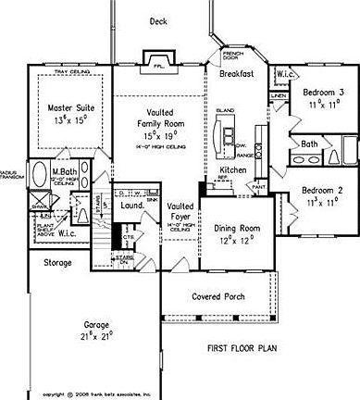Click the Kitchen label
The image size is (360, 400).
click(232, 170)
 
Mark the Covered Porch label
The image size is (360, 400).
click(218, 297)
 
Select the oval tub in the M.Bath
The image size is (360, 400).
click(42, 176)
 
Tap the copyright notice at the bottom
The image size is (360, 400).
click(96, 393)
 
